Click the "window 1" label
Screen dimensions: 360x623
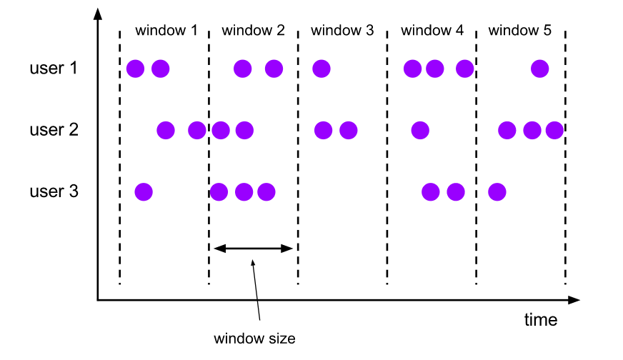(x=166, y=31)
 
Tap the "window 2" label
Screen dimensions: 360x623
(x=253, y=31)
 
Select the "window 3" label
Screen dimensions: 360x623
(x=342, y=31)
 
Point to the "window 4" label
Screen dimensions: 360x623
(x=432, y=31)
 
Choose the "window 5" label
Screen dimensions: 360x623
(x=520, y=31)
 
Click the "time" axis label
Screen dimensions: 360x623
(x=541, y=320)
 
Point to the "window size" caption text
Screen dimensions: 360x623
(x=254, y=338)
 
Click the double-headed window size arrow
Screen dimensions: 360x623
(x=254, y=249)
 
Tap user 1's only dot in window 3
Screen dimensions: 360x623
(x=321, y=69)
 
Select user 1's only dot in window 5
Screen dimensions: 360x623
(x=539, y=69)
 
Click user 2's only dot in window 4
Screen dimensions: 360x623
(x=419, y=130)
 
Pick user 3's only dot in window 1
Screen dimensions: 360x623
(x=144, y=191)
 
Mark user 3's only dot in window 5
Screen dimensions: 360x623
(x=497, y=191)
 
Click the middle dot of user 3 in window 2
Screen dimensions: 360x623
(x=244, y=191)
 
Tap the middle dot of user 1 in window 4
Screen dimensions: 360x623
(x=434, y=69)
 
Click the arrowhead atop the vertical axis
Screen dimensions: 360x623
(x=97, y=14)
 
